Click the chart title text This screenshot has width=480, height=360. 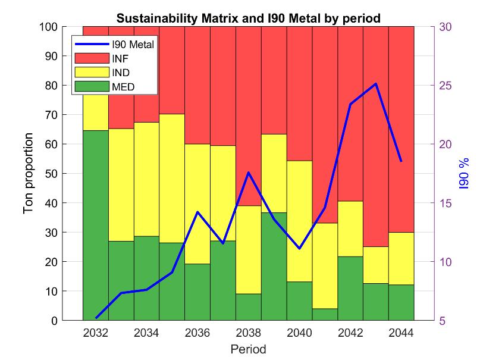248,18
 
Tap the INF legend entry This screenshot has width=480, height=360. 122,58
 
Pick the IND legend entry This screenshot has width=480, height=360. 123,73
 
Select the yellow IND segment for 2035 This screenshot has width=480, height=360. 172,179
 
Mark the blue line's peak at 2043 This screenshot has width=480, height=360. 376,83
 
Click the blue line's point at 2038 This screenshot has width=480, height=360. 248,173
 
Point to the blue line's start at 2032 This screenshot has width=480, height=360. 96,318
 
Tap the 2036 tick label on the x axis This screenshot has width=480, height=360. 197,333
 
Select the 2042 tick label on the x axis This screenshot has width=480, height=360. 350,333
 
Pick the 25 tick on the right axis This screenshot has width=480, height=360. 445,86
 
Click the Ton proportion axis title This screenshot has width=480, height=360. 29,174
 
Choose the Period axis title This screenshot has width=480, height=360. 248,349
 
